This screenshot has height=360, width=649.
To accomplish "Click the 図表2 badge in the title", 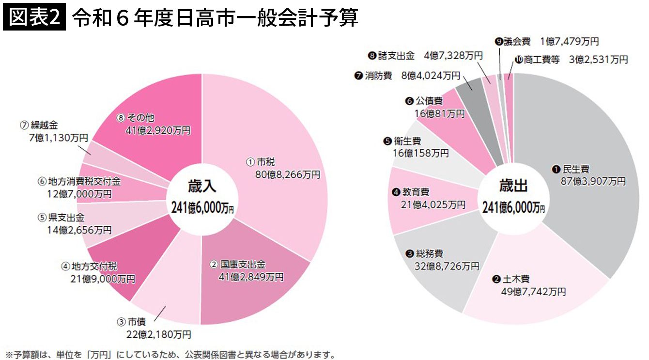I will pos(33,18).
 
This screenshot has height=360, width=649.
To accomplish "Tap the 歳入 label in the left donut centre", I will pos(202,187).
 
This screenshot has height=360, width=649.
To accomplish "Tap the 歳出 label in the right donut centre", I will pos(513,186).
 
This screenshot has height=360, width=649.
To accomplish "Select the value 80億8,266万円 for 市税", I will pos(288,174).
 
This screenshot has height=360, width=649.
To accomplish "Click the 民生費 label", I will pos(575,170).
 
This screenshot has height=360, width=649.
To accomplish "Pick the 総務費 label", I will pos(430,254).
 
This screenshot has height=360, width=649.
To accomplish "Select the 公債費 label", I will pos(429,101).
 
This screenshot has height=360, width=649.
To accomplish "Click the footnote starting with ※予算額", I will pos(170,354).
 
